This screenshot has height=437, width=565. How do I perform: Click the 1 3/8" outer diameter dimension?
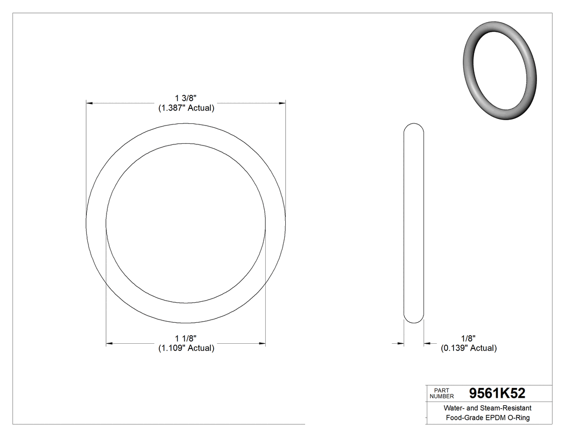pos(186,98)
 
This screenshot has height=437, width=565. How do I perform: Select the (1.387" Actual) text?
pos(186,108)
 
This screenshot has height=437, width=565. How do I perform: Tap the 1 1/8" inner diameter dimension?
pos(186,338)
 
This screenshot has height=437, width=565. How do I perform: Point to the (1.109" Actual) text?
pos(186,348)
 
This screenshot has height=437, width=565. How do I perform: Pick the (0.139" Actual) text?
pos(469,348)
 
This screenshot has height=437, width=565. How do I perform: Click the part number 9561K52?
pos(497,393)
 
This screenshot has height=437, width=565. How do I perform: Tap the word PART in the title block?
pos(441,390)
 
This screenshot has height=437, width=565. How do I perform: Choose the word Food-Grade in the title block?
pos(463,418)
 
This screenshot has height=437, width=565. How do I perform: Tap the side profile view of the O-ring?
pos(414,223)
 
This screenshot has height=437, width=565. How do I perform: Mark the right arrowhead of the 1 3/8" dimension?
pos(281,102)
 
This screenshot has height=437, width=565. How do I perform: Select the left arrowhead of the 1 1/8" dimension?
pos(110,343)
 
